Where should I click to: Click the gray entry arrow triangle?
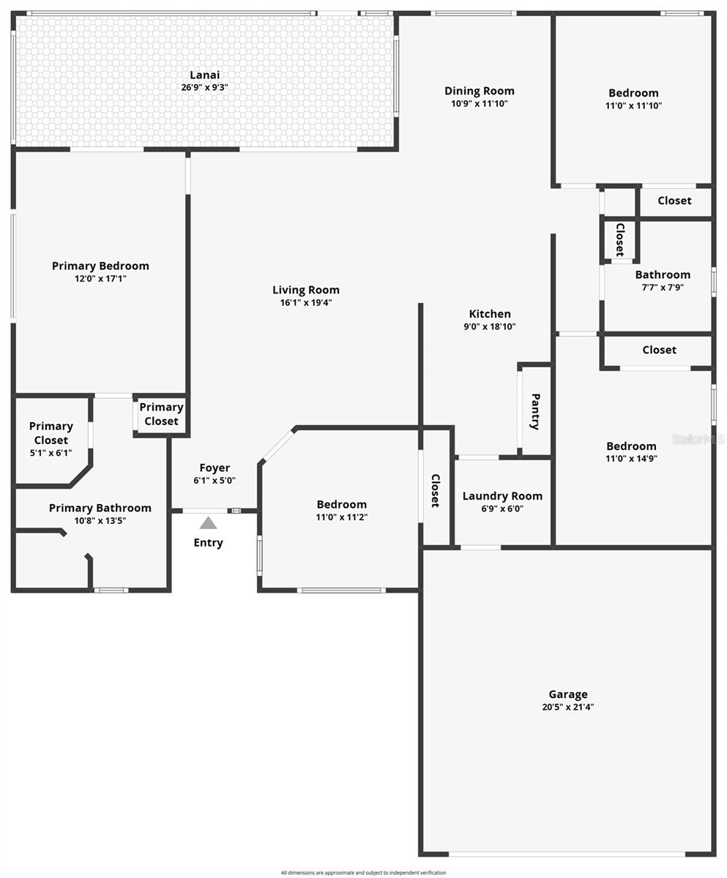pos(208,523)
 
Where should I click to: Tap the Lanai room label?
pos(204,75)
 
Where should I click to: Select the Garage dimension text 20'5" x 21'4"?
pos(567,708)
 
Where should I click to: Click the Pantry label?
pos(535,411)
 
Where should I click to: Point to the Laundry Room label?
pos(502,496)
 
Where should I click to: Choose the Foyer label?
pos(215,468)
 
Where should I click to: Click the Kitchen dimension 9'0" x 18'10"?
pos(490,327)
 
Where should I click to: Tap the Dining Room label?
pos(480,91)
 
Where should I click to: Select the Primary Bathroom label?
pos(100,508)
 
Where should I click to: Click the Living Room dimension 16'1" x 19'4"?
pos(306,303)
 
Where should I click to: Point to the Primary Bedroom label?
pos(100,266)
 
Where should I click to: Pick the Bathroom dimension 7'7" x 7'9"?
pos(663,288)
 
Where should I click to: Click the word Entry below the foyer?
pos(208,543)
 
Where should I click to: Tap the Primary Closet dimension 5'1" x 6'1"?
pos(51,453)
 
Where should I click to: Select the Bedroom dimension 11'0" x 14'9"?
pos(631,459)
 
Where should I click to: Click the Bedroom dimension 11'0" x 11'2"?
pos(341,517)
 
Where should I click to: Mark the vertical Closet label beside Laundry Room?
pos(435,490)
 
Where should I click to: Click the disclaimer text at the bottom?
pos(363,873)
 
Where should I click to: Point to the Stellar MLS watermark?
pos(698,439)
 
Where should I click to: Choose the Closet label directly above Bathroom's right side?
pos(674,200)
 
